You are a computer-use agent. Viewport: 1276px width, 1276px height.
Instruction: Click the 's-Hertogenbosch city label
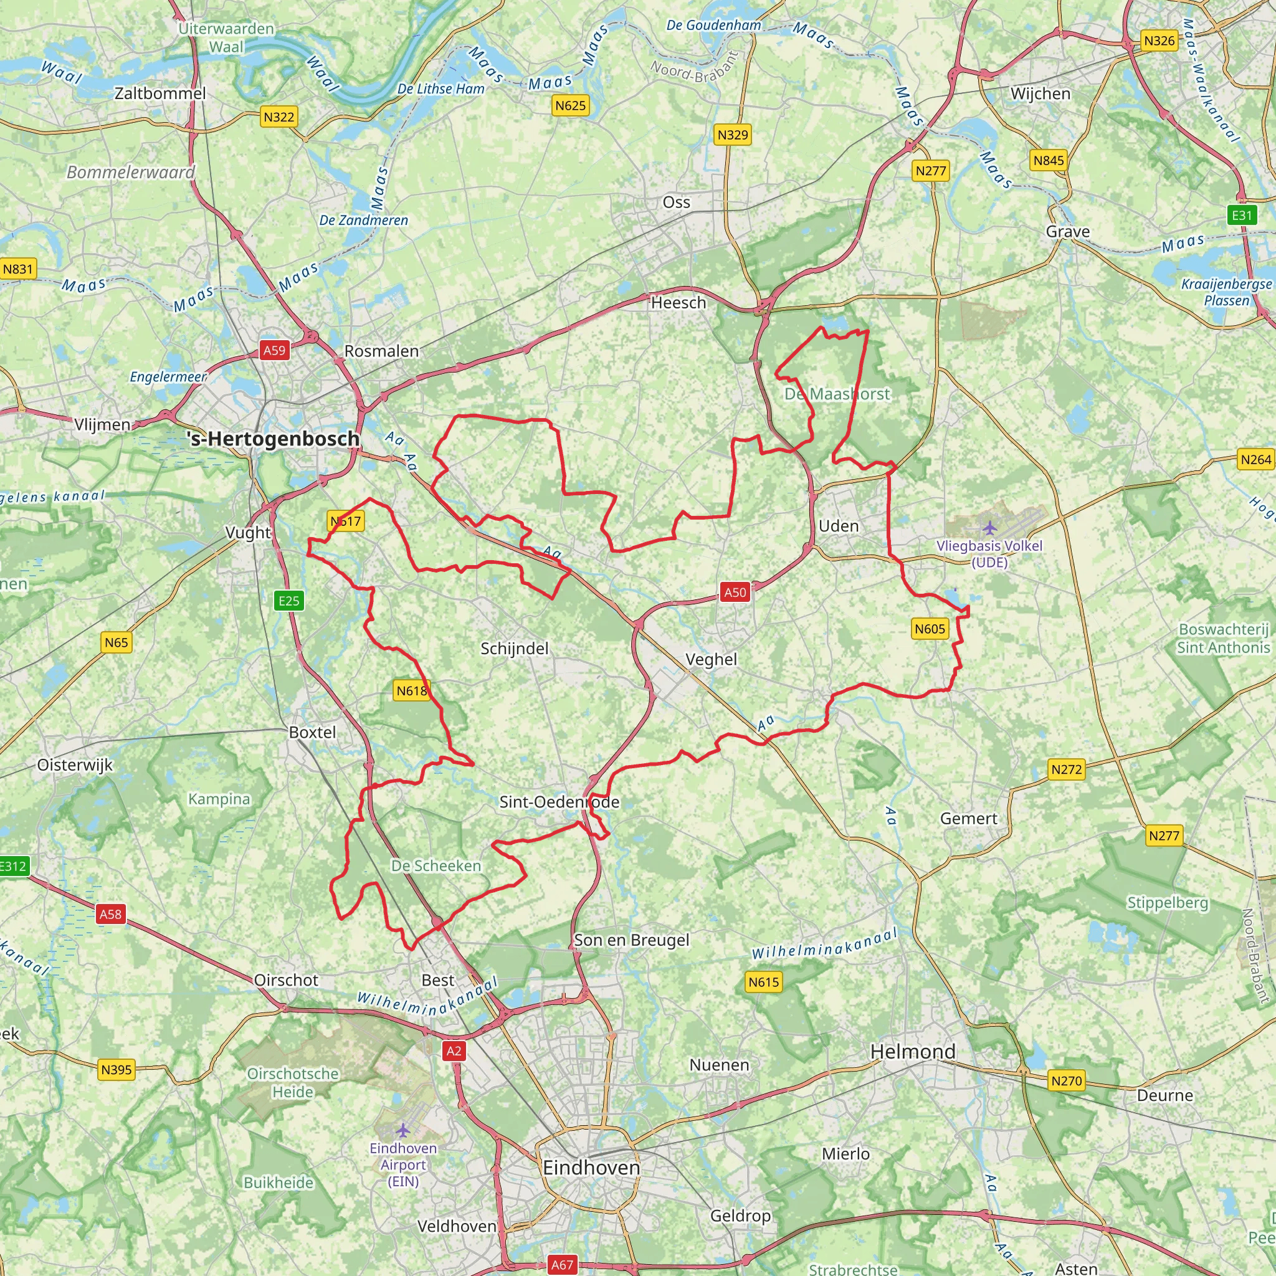[274, 439]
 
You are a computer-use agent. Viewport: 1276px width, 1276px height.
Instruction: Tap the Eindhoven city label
[591, 1168]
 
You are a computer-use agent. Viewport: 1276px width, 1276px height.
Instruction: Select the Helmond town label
[913, 1052]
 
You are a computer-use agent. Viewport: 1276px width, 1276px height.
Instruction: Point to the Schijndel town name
[515, 649]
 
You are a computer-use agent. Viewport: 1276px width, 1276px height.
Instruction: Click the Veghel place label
[711, 659]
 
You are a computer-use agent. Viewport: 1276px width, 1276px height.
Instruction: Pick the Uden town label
[839, 526]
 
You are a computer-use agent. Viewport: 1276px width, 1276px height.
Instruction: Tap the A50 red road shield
[735, 593]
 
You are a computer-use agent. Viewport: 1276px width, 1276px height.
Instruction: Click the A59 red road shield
[275, 350]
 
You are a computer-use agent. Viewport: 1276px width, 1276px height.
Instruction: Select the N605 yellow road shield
[930, 629]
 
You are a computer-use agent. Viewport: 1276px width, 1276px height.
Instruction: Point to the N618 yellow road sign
[411, 691]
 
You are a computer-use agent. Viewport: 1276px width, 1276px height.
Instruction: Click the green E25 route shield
[288, 601]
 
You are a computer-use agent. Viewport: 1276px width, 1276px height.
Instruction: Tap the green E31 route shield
[1242, 216]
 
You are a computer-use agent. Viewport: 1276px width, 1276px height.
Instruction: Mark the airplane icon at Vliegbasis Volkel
[989, 528]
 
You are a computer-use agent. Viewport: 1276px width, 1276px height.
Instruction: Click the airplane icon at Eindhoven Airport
[403, 1131]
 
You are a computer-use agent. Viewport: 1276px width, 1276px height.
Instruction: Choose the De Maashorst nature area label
[837, 394]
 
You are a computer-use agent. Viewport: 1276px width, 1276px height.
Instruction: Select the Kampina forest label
[219, 799]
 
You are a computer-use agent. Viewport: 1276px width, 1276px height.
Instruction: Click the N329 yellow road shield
[733, 135]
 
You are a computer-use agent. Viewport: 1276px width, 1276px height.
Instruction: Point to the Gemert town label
[968, 819]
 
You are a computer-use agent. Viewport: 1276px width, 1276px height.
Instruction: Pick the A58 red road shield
[110, 914]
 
